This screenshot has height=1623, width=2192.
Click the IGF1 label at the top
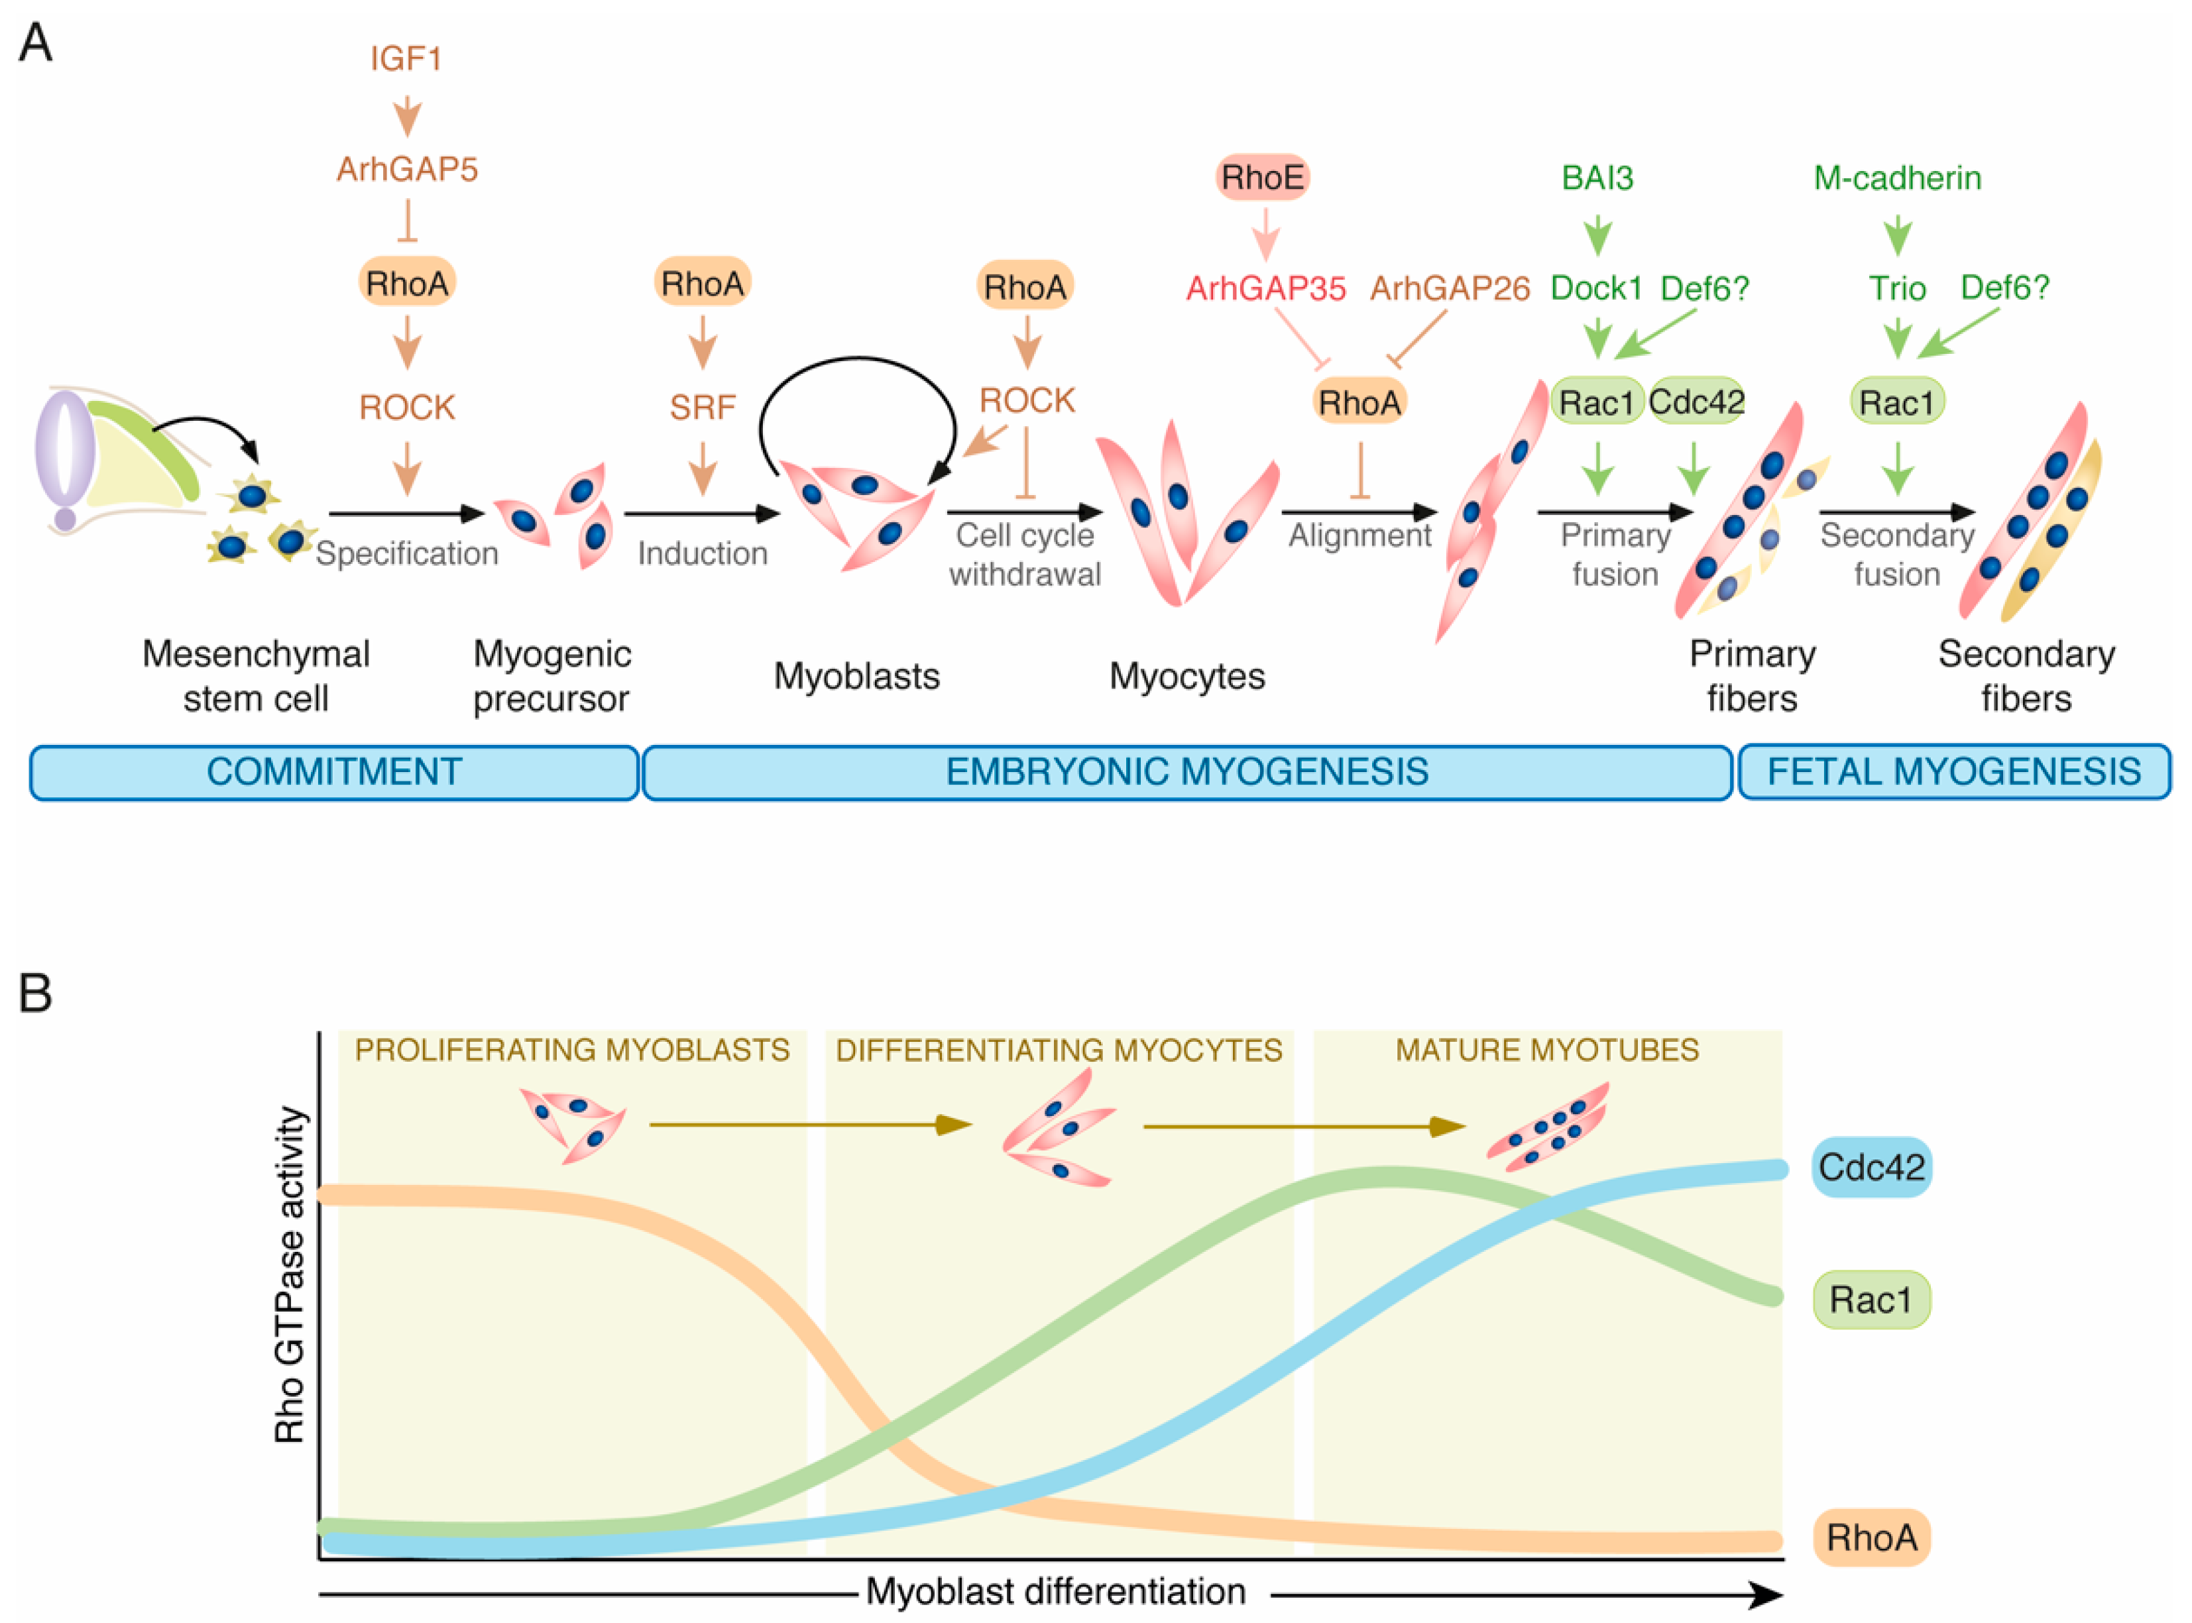coord(406,59)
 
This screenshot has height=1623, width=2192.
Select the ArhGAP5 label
coord(407,169)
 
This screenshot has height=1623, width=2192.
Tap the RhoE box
coord(1263,178)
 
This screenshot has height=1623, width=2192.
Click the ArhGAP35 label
coord(1265,289)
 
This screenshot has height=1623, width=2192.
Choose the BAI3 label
coord(1597,178)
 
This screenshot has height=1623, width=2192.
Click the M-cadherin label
coord(1896,178)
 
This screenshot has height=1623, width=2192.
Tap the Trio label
coord(1896,289)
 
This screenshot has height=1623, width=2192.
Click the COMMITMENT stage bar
coord(334,772)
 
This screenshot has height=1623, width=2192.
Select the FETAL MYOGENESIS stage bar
coord(1953,772)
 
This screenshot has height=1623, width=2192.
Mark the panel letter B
coord(35,993)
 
